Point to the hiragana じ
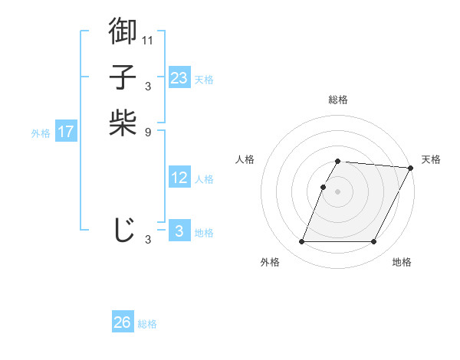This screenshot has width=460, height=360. [123, 229]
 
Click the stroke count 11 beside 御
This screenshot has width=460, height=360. [148, 40]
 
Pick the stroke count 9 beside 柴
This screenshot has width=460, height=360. [148, 132]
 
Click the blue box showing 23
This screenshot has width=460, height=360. [179, 78]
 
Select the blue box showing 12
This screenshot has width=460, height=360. [179, 178]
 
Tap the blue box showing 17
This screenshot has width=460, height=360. [66, 132]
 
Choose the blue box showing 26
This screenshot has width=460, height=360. [123, 322]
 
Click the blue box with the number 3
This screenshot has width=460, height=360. [179, 231]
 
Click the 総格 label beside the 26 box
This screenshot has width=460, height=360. [147, 324]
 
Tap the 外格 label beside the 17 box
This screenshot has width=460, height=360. [41, 133]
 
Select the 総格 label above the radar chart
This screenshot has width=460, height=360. [337, 100]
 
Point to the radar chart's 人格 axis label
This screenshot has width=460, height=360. [245, 159]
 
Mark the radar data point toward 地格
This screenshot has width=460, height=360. [373, 242]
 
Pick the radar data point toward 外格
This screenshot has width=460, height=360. [301, 242]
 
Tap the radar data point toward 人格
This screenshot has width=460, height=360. [324, 187]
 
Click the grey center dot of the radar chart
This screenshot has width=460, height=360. [337, 191]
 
